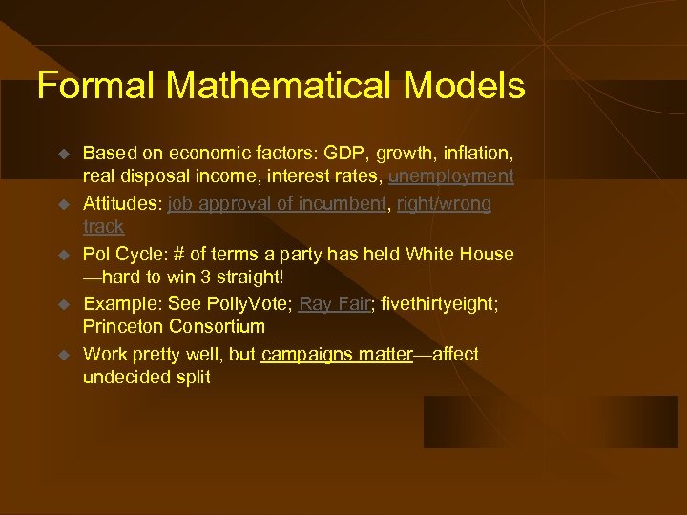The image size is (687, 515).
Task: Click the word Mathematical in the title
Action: [x=279, y=86]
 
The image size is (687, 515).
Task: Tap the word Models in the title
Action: [x=464, y=86]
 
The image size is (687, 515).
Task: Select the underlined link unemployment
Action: [x=450, y=176]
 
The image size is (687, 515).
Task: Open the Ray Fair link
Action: [x=333, y=304]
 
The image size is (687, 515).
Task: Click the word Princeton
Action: [x=123, y=327]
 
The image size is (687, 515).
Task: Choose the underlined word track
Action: [x=103, y=227]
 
